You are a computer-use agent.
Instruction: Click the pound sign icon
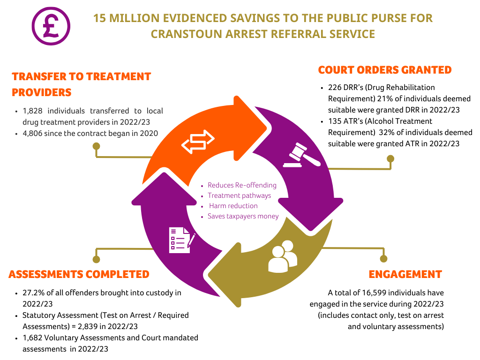pos(51,26)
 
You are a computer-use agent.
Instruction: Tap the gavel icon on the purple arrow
pos(302,155)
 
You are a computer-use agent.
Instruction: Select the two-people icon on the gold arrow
pos(283,256)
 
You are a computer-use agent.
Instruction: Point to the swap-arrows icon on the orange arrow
pos(198,142)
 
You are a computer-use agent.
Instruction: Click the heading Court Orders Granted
pos(385,70)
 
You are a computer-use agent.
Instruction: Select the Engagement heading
pos(405,274)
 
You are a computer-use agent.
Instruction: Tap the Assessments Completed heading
pos(79,274)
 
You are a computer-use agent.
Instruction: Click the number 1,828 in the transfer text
pos(32,111)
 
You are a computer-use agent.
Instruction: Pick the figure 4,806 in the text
pos(32,134)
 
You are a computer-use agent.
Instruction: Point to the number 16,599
pos(372,293)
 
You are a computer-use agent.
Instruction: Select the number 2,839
pos(88,327)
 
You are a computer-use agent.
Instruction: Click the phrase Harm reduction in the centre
pos(233,206)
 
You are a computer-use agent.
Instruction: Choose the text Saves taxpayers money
pos(243,216)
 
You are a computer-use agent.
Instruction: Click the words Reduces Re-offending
pos(242,185)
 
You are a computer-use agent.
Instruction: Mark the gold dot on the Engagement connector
pos(383,259)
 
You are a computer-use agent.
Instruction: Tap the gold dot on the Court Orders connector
pos(390,158)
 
